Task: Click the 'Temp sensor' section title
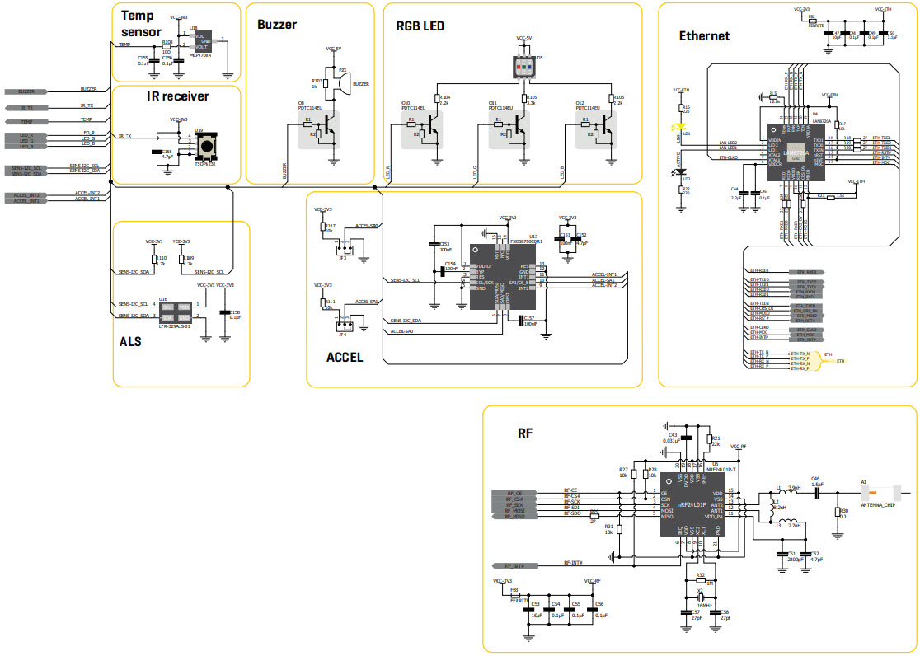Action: (x=142, y=23)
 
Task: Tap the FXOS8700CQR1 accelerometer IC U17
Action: (x=503, y=276)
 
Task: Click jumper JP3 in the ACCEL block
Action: (x=347, y=248)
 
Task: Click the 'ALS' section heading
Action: (x=130, y=340)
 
